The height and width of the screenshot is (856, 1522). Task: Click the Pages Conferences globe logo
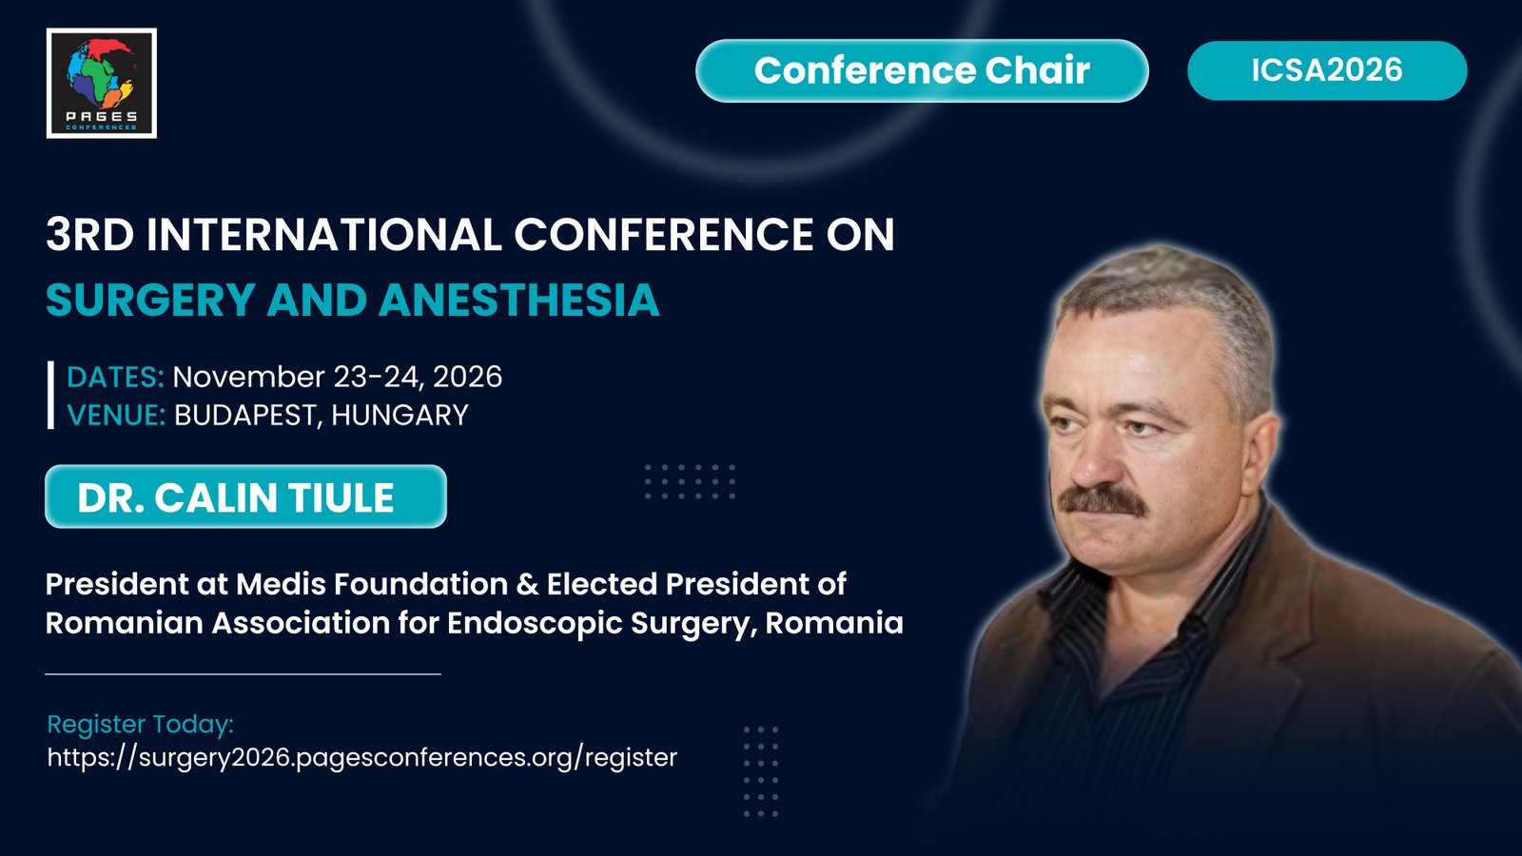pos(101,83)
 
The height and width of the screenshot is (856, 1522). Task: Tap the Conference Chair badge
pos(922,70)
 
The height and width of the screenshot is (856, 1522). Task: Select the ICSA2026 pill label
pos(1327,70)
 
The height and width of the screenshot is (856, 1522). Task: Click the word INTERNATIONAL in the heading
pos(323,235)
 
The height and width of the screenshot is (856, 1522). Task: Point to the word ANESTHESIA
pos(519,300)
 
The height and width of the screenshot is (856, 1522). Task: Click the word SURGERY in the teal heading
pos(150,301)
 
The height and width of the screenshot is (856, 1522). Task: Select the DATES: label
pos(115,377)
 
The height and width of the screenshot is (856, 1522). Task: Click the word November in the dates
pos(248,377)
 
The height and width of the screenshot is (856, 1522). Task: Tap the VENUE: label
pos(116,415)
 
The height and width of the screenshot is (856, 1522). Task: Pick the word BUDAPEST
pos(248,416)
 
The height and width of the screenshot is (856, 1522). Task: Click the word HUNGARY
pos(400,415)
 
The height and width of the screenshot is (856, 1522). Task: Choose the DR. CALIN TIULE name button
pos(245,496)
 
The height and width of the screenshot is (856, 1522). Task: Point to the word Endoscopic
pos(535,624)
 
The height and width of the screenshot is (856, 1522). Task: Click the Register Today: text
pos(141,724)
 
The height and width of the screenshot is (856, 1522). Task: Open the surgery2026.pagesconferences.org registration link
pos(362,757)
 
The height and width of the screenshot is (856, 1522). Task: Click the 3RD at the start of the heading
pos(89,235)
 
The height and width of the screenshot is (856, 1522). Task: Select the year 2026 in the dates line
pos(467,377)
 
